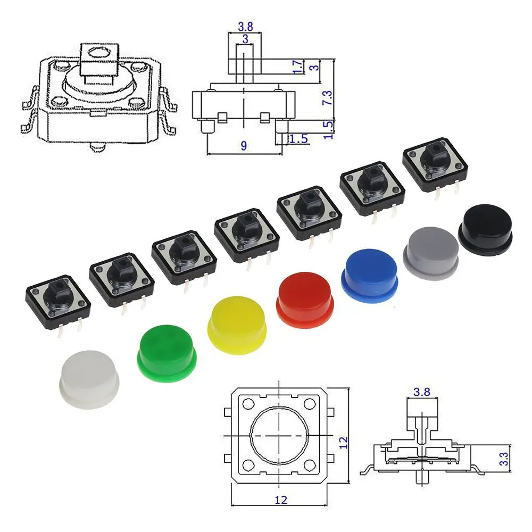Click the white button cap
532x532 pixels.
[89, 379]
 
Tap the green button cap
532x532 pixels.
[167, 353]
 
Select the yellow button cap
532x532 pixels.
[237, 325]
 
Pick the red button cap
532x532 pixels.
[305, 300]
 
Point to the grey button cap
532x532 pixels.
[431, 253]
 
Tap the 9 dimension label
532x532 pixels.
[244, 146]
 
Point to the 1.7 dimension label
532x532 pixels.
[297, 67]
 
